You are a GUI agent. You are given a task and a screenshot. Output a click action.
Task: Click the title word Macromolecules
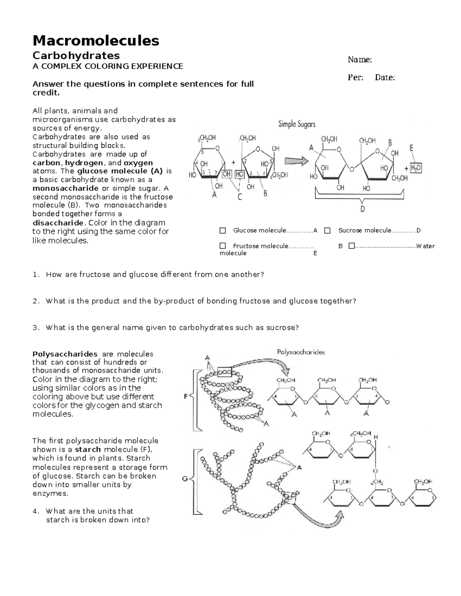pyautogui.click(x=96, y=40)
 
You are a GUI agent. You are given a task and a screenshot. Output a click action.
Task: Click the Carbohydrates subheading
pyautogui.click(x=76, y=55)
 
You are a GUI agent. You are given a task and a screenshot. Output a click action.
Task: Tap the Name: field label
pyautogui.click(x=360, y=59)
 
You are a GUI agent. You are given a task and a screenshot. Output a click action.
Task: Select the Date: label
pyautogui.click(x=385, y=78)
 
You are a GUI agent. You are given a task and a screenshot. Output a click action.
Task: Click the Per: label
pyautogui.click(x=355, y=78)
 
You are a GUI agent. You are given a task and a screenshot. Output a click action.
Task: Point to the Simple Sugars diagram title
pyautogui.click(x=297, y=124)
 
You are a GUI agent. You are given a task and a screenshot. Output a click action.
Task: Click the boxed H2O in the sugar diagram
pyautogui.click(x=416, y=168)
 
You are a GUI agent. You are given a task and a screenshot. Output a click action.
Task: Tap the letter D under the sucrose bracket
pyautogui.click(x=362, y=209)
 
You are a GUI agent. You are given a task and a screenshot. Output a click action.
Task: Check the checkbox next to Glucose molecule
pyautogui.click(x=223, y=231)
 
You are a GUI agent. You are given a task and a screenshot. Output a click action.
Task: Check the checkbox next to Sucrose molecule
pyautogui.click(x=327, y=231)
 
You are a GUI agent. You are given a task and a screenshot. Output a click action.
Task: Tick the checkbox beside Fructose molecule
pyautogui.click(x=223, y=246)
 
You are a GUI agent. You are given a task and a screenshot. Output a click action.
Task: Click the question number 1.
pyautogui.click(x=36, y=275)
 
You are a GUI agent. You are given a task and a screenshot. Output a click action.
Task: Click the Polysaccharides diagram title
pyautogui.click(x=301, y=352)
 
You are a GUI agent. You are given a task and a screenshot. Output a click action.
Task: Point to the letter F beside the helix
pyautogui.click(x=186, y=397)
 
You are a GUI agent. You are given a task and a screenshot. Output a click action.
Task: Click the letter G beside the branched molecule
pyautogui.click(x=185, y=479)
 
